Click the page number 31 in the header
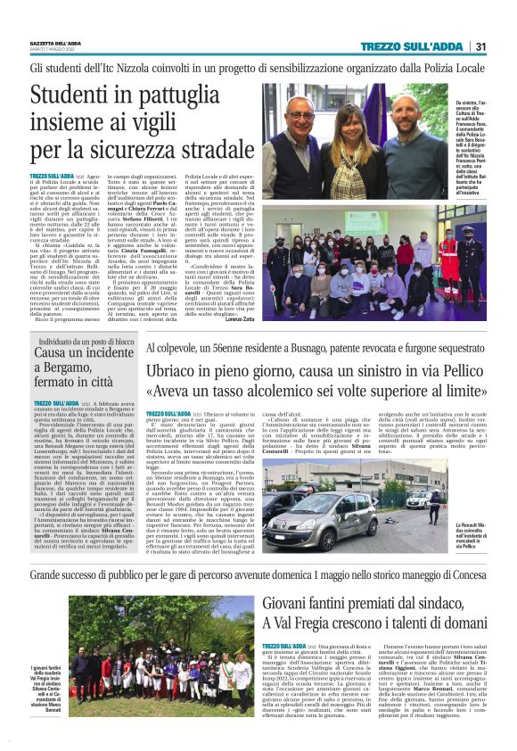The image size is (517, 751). pos(480,47)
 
